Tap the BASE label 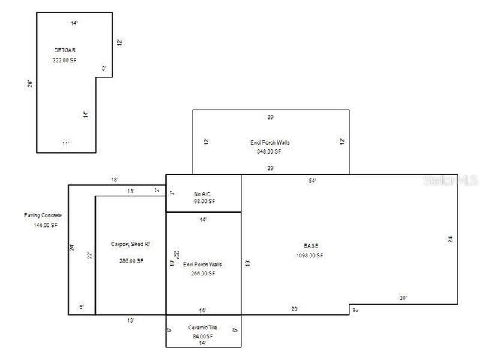310,245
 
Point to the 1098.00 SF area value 310,255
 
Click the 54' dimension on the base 312,181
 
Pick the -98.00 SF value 202,201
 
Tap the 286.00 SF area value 130,260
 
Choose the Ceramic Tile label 203,328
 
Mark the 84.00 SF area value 203,336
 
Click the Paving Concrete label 42,215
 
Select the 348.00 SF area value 269,151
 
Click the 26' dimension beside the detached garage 29,84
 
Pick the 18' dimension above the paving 114,180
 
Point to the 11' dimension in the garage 65,142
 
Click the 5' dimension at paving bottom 81,307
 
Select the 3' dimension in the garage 103,68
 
